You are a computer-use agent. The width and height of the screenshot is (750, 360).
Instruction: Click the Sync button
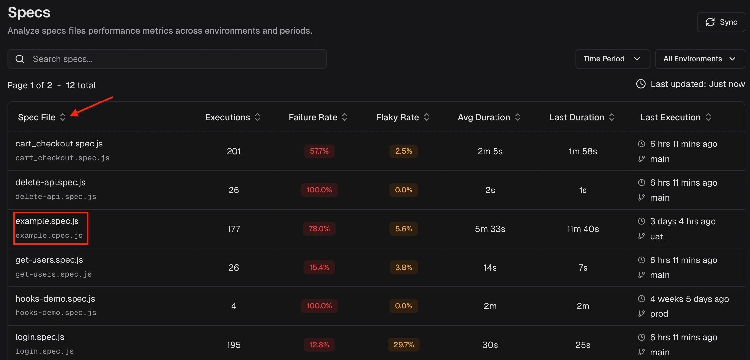(x=721, y=22)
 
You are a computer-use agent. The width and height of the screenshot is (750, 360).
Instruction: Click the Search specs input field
(x=167, y=59)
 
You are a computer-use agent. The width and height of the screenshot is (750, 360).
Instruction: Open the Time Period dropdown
(x=612, y=59)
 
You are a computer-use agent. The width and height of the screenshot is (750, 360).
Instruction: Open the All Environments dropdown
(x=700, y=59)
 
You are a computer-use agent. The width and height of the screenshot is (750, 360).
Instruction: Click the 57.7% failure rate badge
(x=319, y=151)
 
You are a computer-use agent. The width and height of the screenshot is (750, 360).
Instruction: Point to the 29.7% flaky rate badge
(x=404, y=345)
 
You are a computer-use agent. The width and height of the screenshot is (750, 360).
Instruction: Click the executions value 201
(x=234, y=151)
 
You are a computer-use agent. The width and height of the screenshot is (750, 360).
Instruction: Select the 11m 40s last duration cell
(x=583, y=229)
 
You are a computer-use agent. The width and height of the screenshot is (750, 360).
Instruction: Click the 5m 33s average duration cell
(x=490, y=229)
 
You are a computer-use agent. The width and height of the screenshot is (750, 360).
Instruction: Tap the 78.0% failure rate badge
(x=319, y=229)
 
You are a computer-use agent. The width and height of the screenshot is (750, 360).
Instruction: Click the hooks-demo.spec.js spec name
(x=55, y=299)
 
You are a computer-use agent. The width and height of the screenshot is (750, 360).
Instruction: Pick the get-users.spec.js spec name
(x=49, y=260)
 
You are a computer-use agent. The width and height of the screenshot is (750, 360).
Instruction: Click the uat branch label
(x=656, y=236)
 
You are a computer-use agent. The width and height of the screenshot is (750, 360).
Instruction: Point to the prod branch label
(x=659, y=314)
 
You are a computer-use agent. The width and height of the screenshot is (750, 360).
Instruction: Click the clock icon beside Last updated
(x=641, y=84)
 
